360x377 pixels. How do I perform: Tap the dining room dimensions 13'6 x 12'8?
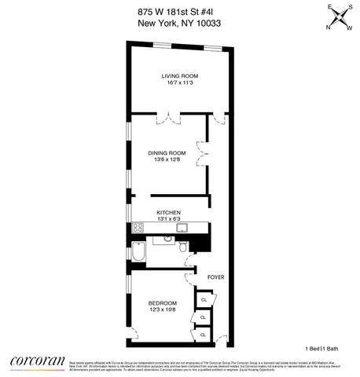click(170, 160)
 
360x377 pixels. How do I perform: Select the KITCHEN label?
click(169, 213)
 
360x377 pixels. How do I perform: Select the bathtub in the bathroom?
click(139, 254)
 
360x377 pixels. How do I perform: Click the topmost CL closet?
click(204, 300)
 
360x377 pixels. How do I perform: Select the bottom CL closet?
click(203, 335)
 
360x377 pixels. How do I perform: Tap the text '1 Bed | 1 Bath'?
click(326, 347)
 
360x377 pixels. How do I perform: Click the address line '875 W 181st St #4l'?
click(179, 9)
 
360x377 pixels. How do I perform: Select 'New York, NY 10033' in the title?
click(179, 23)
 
